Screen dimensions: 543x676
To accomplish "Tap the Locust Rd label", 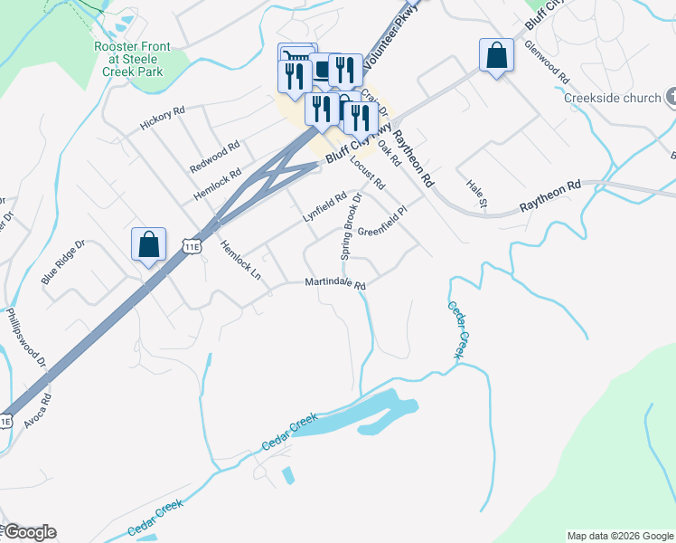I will [367, 171].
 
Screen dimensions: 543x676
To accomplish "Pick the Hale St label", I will [476, 195].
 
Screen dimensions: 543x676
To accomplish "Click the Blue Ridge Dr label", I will [62, 262].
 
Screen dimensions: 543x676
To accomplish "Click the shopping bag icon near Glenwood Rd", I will [496, 56].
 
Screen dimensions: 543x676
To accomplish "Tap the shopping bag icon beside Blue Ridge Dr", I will [148, 245].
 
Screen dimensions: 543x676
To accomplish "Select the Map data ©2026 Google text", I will [619, 536].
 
